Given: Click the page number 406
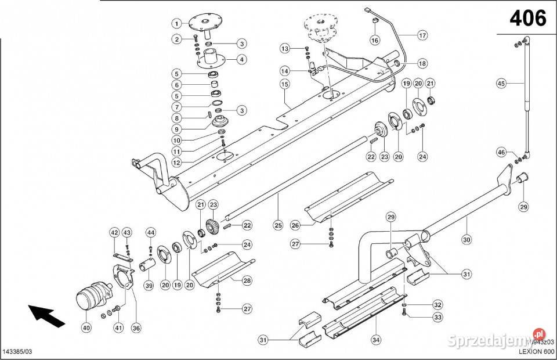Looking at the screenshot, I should click(x=527, y=19).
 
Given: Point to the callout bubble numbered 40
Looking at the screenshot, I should click(x=86, y=327).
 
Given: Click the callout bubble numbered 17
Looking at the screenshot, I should click(x=422, y=35).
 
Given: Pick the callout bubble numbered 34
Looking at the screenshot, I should click(x=375, y=339).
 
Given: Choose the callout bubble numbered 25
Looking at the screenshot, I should click(x=278, y=225).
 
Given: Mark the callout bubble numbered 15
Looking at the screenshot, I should click(x=284, y=85).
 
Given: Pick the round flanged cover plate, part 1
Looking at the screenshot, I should click(x=206, y=22).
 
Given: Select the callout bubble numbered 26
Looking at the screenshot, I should click(x=295, y=225).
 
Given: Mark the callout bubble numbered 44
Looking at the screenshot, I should click(x=150, y=233).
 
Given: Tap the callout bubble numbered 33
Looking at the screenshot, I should click(x=437, y=317).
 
